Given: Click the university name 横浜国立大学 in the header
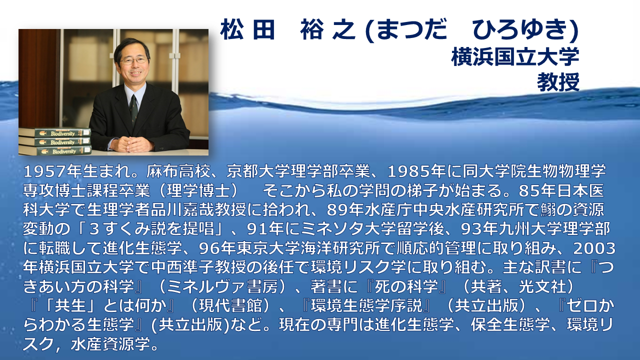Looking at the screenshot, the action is tap(515, 57).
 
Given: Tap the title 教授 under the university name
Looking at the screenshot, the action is tap(558, 82).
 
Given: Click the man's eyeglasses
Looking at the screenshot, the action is tap(133, 60).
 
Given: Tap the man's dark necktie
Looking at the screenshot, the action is tap(133, 110).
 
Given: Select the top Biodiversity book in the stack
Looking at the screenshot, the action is tap(55, 133).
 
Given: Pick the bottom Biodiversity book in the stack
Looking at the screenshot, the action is tap(55, 151).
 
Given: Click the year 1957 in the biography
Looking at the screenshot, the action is tap(44, 171).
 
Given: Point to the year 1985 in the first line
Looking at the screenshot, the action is tap(408, 171).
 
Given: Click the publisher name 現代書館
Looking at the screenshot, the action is tap(230, 305).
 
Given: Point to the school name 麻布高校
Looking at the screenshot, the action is tap(178, 171).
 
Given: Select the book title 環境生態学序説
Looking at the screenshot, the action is tap(366, 305).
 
